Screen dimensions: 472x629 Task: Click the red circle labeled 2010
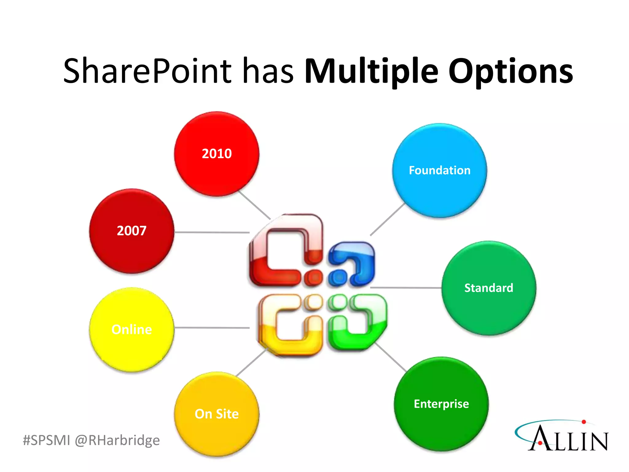[x=217, y=154]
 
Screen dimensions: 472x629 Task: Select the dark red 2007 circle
[x=131, y=231]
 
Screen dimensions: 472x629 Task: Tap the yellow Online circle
[x=131, y=329]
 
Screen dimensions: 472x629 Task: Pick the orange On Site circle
[x=217, y=414]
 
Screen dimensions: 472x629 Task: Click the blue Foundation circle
[x=440, y=171]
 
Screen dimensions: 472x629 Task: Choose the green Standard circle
[x=489, y=288]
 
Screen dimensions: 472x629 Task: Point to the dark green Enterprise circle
[x=441, y=404]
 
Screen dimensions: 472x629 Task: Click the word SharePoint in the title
[x=147, y=71]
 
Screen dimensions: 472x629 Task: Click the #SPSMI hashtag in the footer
[x=47, y=440]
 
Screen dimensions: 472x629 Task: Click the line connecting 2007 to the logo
[x=212, y=232]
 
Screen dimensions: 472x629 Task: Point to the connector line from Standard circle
[x=405, y=288]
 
